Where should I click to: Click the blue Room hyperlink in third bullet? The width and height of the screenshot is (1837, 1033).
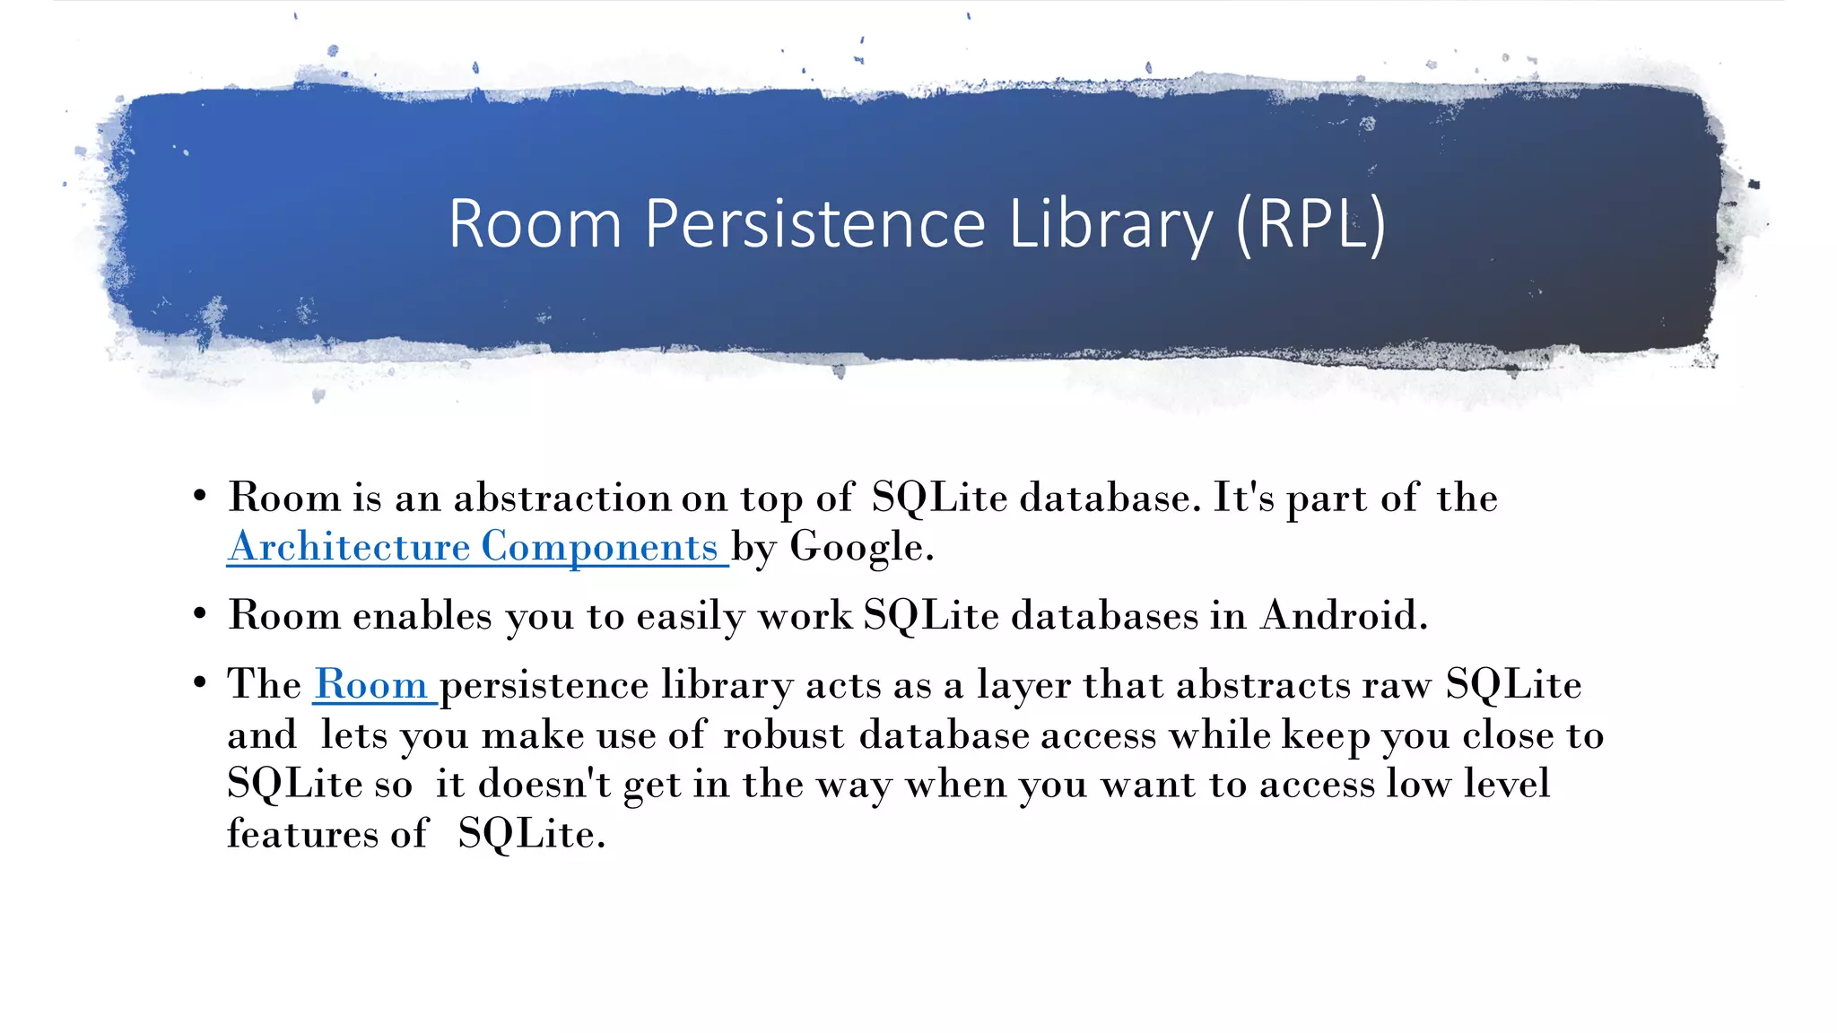(x=370, y=685)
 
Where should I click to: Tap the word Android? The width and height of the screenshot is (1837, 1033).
(x=1343, y=615)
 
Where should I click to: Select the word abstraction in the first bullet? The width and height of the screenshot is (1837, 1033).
(x=562, y=498)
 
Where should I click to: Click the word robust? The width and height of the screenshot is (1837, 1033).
(x=783, y=735)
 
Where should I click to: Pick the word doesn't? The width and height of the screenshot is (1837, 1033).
(x=544, y=785)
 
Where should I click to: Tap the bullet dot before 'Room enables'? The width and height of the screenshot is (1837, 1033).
(x=200, y=615)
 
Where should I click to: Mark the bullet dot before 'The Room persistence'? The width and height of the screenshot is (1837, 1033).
(x=200, y=683)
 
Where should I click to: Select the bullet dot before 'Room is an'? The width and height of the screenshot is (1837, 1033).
(x=200, y=496)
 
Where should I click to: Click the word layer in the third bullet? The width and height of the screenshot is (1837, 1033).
(x=1023, y=686)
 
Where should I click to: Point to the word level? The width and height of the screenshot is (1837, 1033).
(x=1506, y=785)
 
